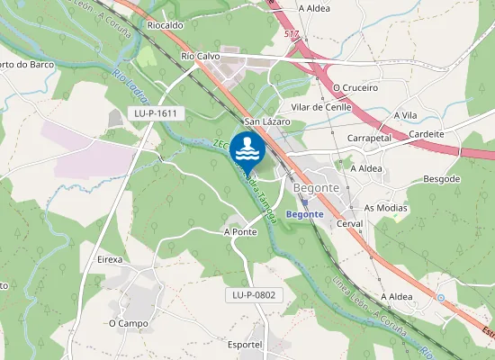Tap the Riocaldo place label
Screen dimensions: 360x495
[x=165, y=26]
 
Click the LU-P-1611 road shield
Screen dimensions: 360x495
[x=155, y=113]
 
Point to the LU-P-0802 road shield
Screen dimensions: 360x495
[x=252, y=294]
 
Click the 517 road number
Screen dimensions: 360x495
[x=290, y=34]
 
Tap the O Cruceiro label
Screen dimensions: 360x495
[x=355, y=88]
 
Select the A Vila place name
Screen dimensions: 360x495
[x=405, y=116]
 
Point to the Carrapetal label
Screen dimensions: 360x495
[x=368, y=139]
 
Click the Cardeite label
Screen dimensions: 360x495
[x=427, y=134]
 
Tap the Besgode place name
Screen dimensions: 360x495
[x=441, y=179]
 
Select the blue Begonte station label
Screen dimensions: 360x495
[x=303, y=214]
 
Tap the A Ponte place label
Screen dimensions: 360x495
[x=240, y=231]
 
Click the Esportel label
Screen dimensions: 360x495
[x=245, y=345]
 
